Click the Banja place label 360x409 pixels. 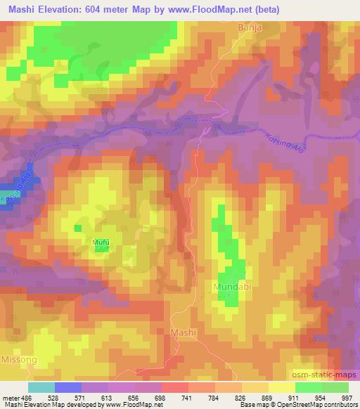(250, 27)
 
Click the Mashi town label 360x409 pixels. (184, 332)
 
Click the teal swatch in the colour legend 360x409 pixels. (41, 387)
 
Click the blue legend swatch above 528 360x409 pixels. (67, 387)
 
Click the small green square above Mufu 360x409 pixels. (78, 228)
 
